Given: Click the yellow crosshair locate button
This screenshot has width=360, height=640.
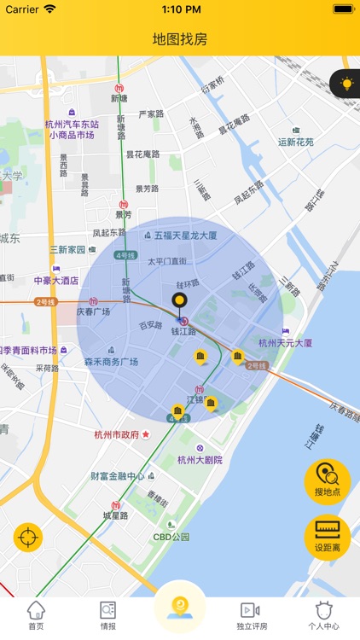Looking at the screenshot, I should (x=27, y=538).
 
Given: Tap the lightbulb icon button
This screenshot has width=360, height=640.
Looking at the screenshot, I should (x=346, y=84).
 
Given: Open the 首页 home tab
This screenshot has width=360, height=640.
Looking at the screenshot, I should (x=36, y=615).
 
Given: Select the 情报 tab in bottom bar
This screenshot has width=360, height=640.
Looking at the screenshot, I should (x=108, y=615).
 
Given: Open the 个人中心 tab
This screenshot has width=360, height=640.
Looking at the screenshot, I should (x=323, y=615).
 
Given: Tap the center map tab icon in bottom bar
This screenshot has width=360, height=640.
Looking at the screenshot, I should (x=179, y=608).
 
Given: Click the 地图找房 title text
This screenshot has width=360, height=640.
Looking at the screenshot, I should (x=180, y=39).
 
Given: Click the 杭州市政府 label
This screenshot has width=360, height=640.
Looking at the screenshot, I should (x=117, y=434).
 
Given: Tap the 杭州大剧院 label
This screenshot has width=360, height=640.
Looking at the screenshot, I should (x=200, y=460).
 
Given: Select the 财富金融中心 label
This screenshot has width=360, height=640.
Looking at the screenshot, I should (x=118, y=476).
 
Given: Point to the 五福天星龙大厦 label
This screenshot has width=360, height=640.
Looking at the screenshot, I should (x=186, y=235).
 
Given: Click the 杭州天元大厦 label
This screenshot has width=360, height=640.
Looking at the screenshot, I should (x=283, y=343).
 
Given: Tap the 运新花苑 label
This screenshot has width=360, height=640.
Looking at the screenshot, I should (x=296, y=143).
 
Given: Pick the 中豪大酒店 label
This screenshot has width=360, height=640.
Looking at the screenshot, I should (x=56, y=280).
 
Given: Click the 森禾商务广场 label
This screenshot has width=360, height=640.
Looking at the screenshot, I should (x=111, y=362).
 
